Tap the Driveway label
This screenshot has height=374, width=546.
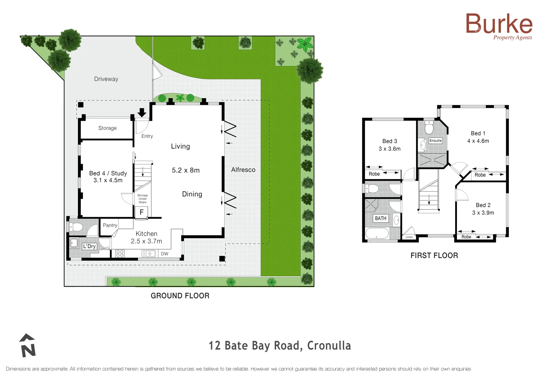pyautogui.click(x=106, y=79)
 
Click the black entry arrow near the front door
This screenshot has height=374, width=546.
pyautogui.click(x=142, y=113)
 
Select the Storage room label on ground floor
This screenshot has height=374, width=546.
pyautogui.click(x=107, y=128)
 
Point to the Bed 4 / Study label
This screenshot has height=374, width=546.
pyautogui.click(x=108, y=173)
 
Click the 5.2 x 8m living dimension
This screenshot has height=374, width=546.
pyautogui.click(x=186, y=170)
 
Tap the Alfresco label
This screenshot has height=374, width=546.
pyautogui.click(x=243, y=170)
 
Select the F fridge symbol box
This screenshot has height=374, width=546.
pyautogui.click(x=141, y=212)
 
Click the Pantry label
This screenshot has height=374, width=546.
pyautogui.click(x=110, y=225)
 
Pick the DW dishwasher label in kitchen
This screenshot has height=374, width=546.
pyautogui.click(x=165, y=254)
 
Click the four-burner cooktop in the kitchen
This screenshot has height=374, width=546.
pyautogui.click(x=120, y=253)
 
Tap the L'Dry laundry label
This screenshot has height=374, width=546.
pyautogui.click(x=89, y=246)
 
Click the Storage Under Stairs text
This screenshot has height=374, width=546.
pyautogui.click(x=142, y=199)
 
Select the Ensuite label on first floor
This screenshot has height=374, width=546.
pyautogui.click(x=435, y=141)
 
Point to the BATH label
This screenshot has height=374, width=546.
pyautogui.click(x=380, y=219)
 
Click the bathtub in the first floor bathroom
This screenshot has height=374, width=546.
pyautogui.click(x=377, y=233)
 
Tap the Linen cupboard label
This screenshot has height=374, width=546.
pyautogui.click(x=409, y=237)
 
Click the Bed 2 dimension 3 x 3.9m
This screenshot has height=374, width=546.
pyautogui.click(x=483, y=213)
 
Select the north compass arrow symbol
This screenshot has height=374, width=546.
pyautogui.click(x=28, y=346)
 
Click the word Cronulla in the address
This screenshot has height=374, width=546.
pyautogui.click(x=329, y=346)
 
